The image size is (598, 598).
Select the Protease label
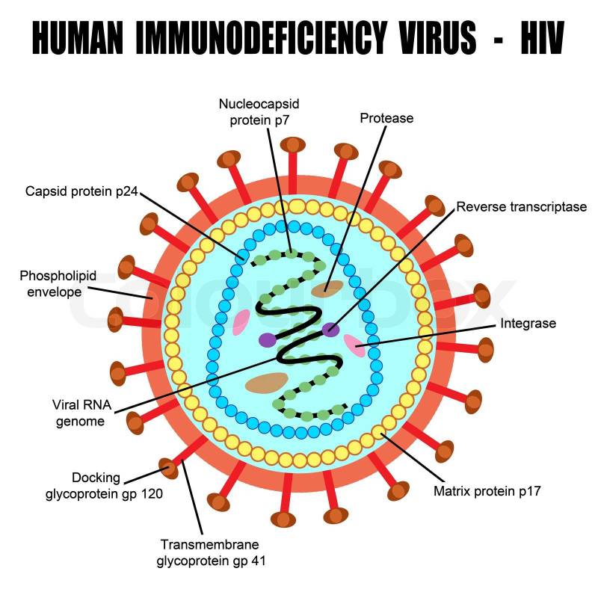tap(386, 118)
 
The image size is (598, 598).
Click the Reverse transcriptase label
tap(521, 207)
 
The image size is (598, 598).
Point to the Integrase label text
tap(528, 324)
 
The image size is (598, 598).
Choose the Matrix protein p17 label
tap(487, 491)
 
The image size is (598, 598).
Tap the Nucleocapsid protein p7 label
tap(259, 111)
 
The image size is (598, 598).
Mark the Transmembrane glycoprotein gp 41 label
tap(210, 552)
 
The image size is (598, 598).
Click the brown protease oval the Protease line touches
tap(327, 289)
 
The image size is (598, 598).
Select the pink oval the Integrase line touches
tap(354, 345)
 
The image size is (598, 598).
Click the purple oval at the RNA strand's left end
tap(268, 339)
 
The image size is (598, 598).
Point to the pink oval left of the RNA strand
tap(241, 323)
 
